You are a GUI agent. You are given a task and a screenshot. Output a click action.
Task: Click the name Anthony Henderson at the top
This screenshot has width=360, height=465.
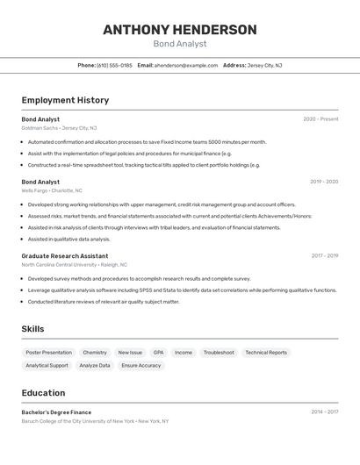coord(179,30)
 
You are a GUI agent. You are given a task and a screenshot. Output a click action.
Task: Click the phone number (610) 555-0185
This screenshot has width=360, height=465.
coord(114,65)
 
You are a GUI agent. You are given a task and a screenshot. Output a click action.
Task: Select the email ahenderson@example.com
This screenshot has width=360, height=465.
coord(186,65)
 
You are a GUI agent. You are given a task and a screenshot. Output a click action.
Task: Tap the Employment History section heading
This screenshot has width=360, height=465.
coord(65,100)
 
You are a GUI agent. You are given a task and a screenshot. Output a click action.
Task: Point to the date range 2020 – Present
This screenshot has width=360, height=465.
coord(320,119)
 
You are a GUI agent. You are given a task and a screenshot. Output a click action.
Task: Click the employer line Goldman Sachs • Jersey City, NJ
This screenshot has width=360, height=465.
coord(59,128)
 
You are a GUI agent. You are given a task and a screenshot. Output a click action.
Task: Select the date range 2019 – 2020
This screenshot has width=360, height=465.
coord(324,182)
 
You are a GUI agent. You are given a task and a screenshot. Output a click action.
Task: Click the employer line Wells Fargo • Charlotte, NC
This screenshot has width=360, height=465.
coord(52,190)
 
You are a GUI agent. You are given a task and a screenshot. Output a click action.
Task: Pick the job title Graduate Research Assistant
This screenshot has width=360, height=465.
coord(65,256)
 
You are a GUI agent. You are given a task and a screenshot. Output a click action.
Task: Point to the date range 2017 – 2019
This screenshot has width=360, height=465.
coord(324,256)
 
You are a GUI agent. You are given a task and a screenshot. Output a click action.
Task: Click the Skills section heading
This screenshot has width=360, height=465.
coord(32,329)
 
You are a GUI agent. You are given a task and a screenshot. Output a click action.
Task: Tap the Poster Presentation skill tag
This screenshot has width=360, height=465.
coord(49,353)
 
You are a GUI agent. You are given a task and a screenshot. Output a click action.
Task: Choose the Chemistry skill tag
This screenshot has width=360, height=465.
coord(95,353)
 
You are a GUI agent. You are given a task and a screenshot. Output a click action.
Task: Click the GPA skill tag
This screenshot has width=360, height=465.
coord(158,353)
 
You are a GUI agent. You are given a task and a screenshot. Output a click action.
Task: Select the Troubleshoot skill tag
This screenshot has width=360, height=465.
coord(219,353)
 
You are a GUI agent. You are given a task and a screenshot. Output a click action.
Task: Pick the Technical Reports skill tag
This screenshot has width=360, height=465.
coord(266,353)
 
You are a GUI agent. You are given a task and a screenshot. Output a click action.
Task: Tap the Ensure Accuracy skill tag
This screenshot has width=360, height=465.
coord(141,365)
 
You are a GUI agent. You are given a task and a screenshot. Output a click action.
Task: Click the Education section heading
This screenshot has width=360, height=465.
coord(43,393)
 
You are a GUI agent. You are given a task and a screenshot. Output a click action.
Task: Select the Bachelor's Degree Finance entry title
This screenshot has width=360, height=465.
coord(56,411)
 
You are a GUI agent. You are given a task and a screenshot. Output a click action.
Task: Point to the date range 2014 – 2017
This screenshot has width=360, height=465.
coord(324,411)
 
